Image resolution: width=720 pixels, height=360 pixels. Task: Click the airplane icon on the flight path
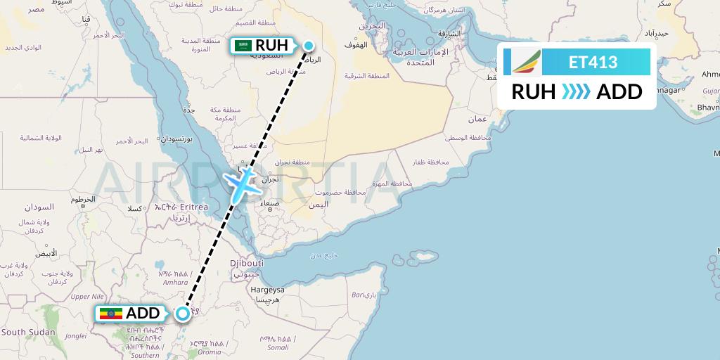[241, 184]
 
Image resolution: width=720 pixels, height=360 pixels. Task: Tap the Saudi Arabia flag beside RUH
[243, 46]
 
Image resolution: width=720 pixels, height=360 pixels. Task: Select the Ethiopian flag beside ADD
[111, 314]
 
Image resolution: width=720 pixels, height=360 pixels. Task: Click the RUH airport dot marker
[309, 46]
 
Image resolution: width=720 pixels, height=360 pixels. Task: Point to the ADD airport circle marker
[183, 314]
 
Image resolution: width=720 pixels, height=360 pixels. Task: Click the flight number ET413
[593, 63]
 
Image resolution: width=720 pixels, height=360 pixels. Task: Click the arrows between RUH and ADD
[576, 92]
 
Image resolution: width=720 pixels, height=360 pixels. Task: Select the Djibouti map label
[246, 263]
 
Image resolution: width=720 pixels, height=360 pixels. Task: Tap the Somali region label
[278, 347]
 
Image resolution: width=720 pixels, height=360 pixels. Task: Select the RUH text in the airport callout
[271, 46]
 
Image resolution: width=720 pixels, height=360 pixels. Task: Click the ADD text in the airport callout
[143, 314]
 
